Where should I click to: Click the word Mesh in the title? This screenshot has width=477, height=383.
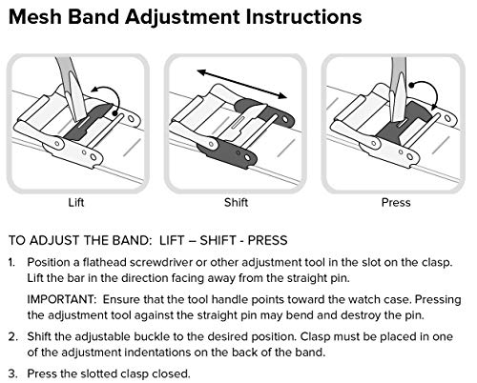point(35,16)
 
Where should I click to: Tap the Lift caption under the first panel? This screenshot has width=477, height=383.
point(76,202)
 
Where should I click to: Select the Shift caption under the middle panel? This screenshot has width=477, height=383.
point(236,202)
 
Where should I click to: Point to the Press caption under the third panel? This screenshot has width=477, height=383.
point(396,202)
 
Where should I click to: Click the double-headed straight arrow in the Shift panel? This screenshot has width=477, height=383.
point(242,84)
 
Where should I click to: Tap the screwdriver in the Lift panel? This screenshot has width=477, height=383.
point(72,89)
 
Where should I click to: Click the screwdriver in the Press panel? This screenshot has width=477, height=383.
point(398,89)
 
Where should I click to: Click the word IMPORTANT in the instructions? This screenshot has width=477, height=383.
point(62,299)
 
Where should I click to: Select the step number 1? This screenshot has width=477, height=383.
point(11,263)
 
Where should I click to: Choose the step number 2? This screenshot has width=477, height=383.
point(12,336)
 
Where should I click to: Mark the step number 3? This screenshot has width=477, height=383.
point(12,373)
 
